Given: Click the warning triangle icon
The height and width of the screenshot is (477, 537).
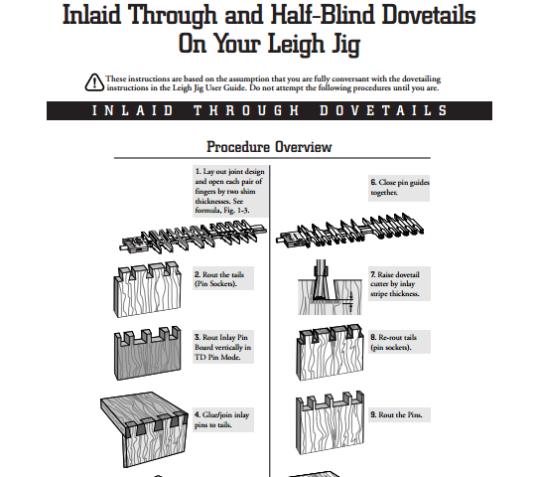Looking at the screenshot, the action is pyautogui.click(x=94, y=82).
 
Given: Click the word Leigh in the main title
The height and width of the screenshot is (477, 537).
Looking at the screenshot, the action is pyautogui.click(x=296, y=44).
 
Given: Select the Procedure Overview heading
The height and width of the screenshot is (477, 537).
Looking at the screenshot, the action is pyautogui.click(x=269, y=147).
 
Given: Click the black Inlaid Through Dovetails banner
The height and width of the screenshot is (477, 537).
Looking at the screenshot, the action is pyautogui.click(x=270, y=110).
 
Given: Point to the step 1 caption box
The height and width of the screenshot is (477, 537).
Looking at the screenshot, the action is pyautogui.click(x=230, y=191).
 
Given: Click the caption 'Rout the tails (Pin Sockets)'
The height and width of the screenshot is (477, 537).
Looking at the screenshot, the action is pyautogui.click(x=223, y=278).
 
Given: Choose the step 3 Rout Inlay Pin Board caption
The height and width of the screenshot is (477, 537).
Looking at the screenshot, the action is pyautogui.click(x=223, y=347).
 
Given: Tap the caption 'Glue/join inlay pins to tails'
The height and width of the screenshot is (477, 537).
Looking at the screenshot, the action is pyautogui.click(x=223, y=419).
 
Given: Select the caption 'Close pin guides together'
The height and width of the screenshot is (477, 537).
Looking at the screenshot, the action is pyautogui.click(x=399, y=187).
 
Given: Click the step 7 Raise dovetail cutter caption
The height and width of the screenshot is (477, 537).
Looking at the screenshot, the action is pyautogui.click(x=399, y=284).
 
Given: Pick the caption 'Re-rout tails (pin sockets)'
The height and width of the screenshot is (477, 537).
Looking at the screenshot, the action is pyautogui.click(x=399, y=342).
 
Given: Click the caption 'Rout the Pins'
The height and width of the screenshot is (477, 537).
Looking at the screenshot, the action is pyautogui.click(x=399, y=415).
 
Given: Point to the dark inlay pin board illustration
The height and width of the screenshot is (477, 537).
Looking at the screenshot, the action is pyautogui.click(x=148, y=353).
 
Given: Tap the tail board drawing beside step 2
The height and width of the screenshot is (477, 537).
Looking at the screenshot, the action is pyautogui.click(x=147, y=290).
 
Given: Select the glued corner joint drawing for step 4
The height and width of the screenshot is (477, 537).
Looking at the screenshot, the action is pyautogui.click(x=144, y=429).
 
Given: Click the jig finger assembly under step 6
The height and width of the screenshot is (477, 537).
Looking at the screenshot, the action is pyautogui.click(x=350, y=230).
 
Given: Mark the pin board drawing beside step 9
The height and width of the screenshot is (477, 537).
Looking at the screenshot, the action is pyautogui.click(x=330, y=422).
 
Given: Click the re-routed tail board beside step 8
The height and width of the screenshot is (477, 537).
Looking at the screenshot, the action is pyautogui.click(x=330, y=352).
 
